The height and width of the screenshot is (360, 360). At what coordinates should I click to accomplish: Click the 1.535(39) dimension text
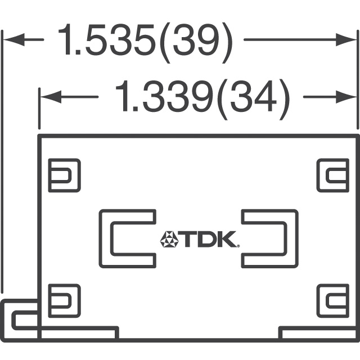tap(146, 43)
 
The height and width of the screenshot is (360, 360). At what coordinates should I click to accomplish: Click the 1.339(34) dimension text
tap(202, 100)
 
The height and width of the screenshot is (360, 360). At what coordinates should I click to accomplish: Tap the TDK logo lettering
tap(209, 239)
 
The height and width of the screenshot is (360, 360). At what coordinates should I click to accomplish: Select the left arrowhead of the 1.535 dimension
tap(13, 40)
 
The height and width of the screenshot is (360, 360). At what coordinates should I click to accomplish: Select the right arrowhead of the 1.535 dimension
tap(346, 40)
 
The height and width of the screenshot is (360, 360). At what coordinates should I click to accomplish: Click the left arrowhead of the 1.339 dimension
tap(51, 97)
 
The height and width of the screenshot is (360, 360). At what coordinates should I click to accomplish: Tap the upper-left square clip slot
tap(64, 175)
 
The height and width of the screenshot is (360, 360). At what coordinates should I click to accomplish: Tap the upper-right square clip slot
tap(333, 175)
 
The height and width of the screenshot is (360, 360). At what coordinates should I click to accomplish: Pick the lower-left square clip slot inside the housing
tap(64, 301)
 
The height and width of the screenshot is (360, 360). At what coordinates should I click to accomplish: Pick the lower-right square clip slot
tap(333, 301)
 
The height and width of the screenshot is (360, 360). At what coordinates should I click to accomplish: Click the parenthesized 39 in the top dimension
tap(196, 43)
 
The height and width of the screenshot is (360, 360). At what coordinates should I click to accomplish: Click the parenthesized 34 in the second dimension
tap(253, 100)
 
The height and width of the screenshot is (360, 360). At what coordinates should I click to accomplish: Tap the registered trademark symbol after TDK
tap(238, 246)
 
